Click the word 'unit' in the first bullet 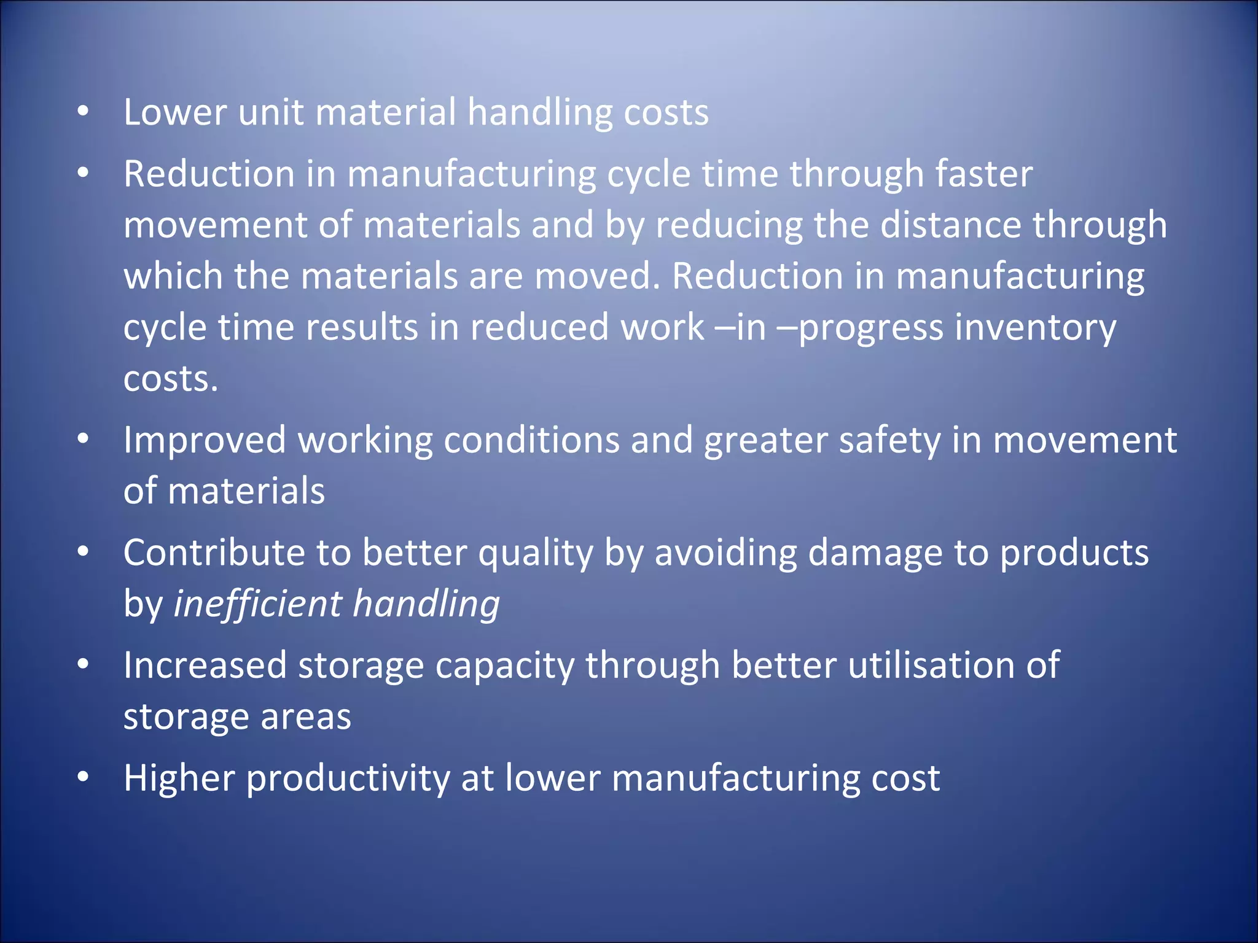coord(270,113)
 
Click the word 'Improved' coord(205,441)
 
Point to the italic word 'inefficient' coord(257,604)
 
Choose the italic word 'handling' coord(426,604)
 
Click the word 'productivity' coord(348,779)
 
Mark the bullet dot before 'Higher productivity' coord(84,777)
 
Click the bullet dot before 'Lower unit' coord(84,111)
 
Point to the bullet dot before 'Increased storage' coord(84,664)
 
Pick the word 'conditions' coord(531,441)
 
